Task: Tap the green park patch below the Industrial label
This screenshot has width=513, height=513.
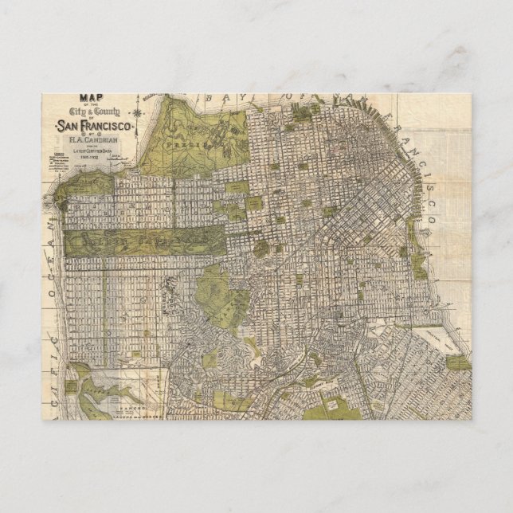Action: pyautogui.click(x=457, y=362)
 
